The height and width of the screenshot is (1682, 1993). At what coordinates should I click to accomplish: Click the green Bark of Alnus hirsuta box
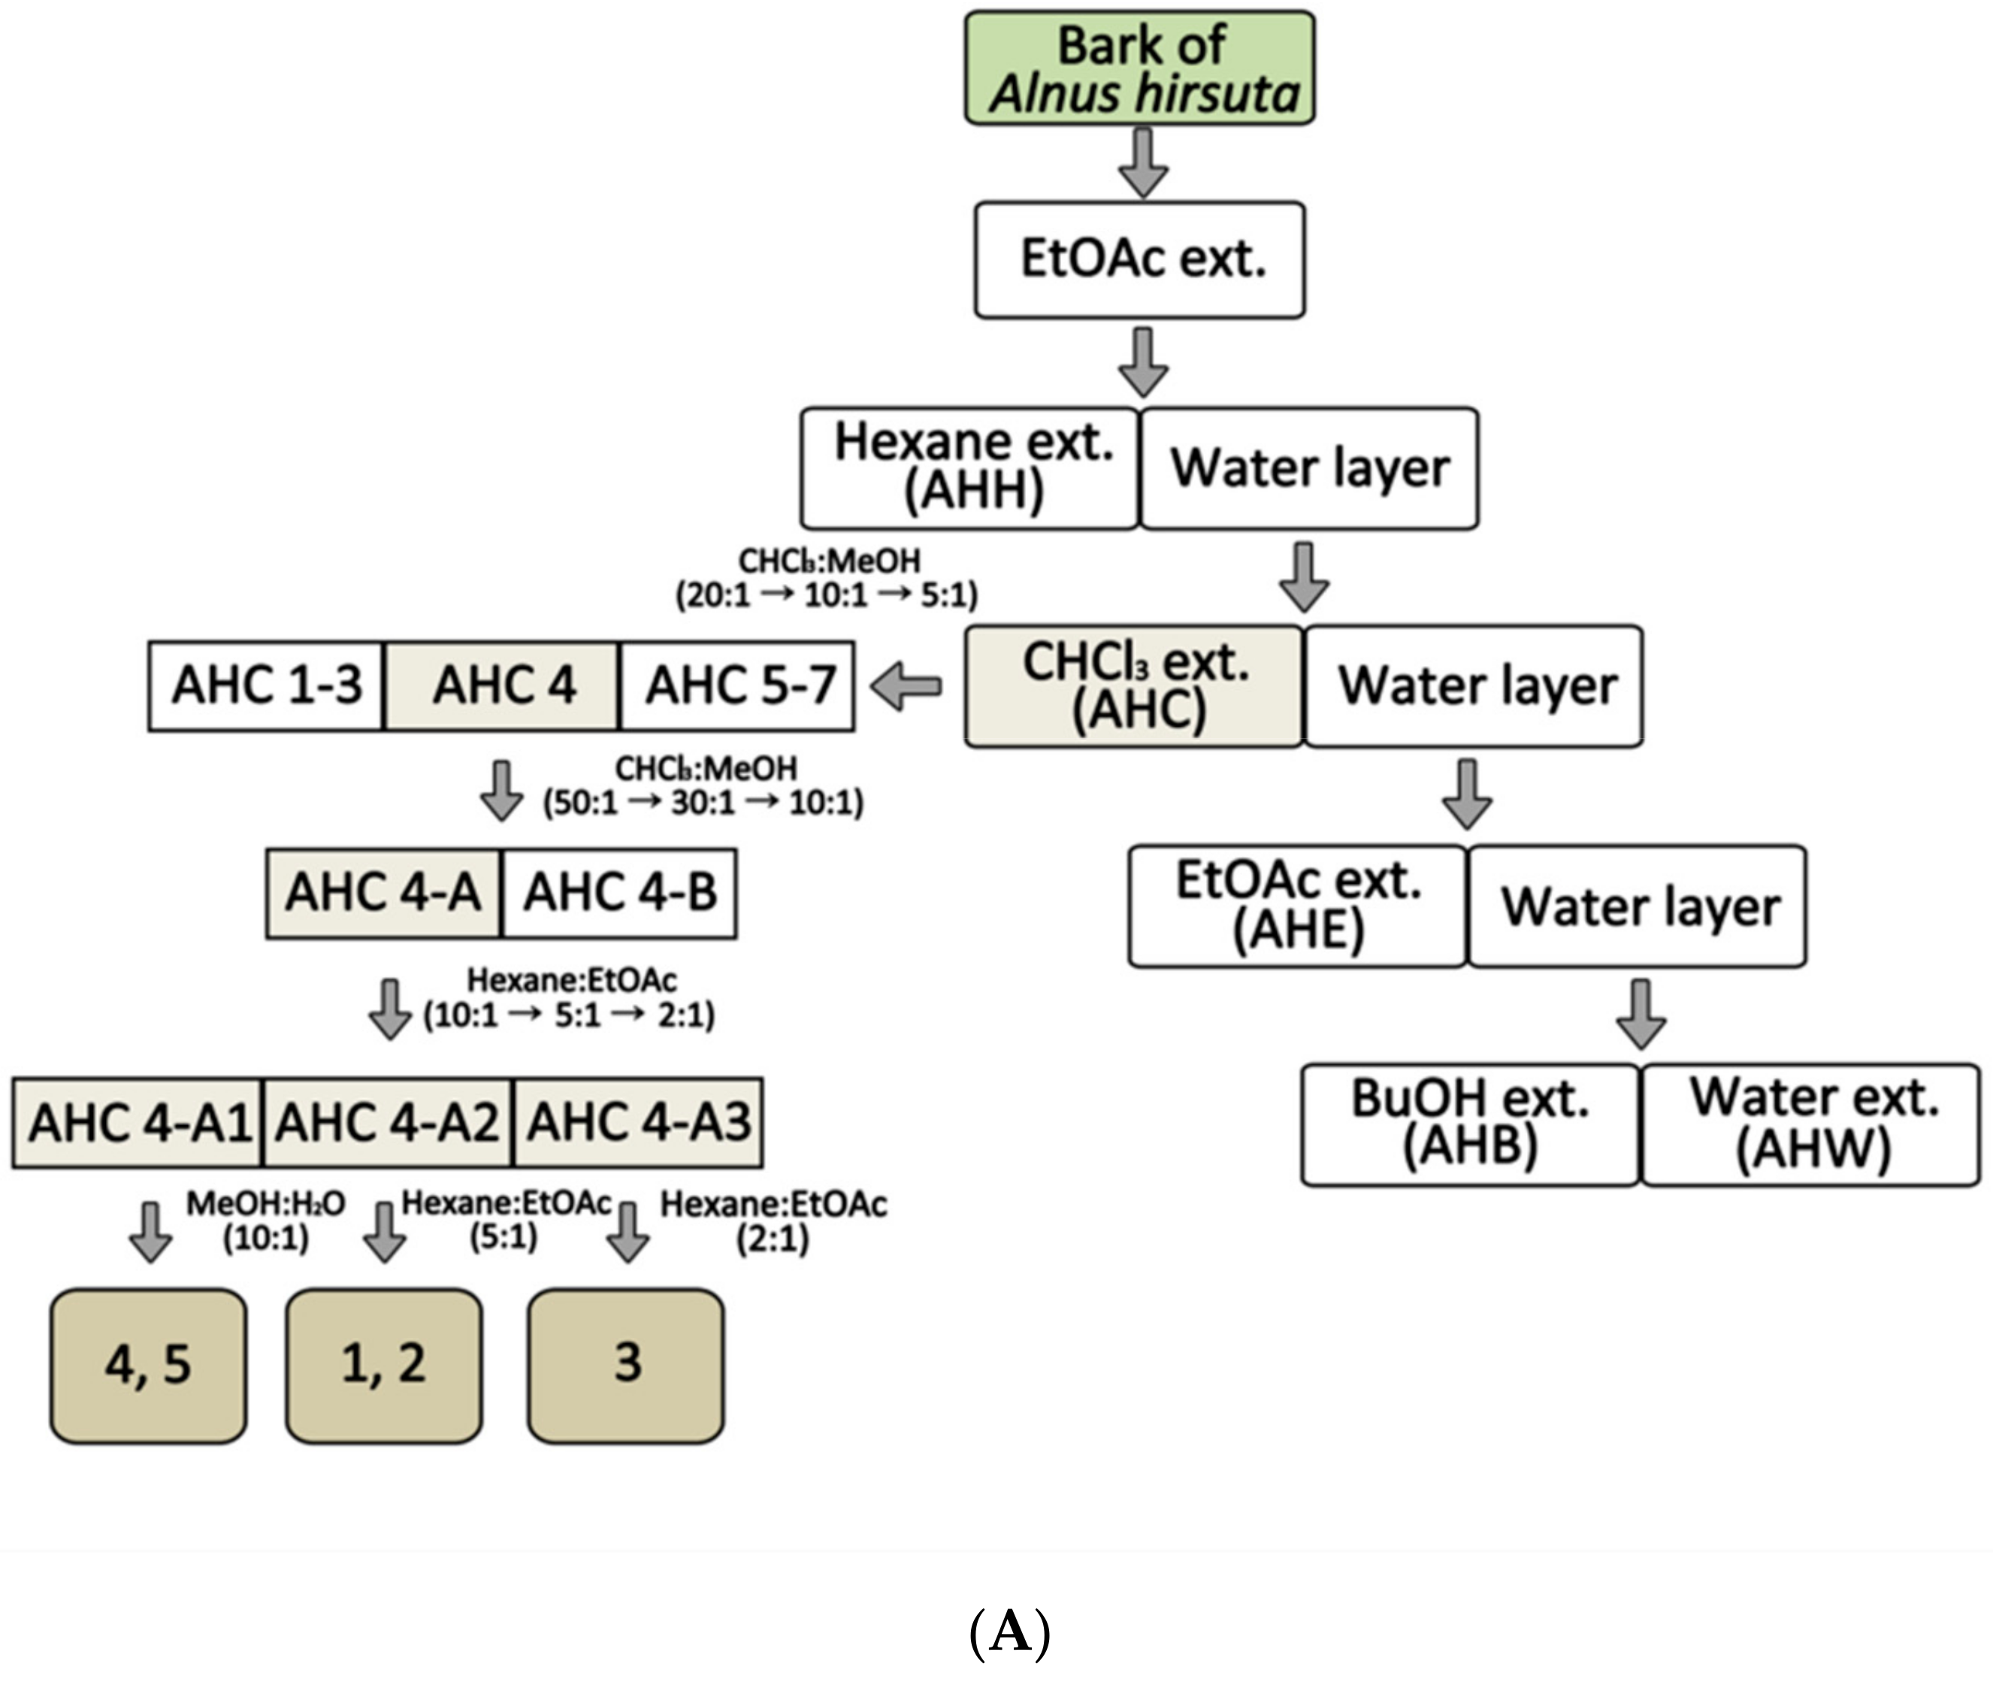(1139, 68)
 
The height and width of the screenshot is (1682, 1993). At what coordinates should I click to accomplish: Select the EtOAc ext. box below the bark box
(1139, 259)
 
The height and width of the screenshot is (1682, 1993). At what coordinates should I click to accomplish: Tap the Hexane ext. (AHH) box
(969, 468)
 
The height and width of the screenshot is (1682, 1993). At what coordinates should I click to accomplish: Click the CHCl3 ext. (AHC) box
(1134, 685)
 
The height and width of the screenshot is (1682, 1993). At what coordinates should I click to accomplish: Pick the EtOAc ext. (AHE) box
(1298, 906)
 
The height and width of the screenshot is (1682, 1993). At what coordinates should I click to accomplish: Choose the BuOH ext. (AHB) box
(1471, 1125)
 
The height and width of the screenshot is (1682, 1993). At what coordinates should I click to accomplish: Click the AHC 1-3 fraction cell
(266, 685)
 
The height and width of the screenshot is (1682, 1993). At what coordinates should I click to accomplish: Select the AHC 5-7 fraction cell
(737, 685)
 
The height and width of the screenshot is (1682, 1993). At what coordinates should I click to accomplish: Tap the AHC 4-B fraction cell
(619, 894)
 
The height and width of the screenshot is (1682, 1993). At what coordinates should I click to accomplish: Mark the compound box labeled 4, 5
(148, 1366)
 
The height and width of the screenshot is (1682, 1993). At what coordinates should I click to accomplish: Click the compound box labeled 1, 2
(383, 1366)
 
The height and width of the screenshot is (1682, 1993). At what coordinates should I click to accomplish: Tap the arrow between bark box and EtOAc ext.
(1143, 163)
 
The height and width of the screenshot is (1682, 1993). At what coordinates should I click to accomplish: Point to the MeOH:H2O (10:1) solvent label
(265, 1221)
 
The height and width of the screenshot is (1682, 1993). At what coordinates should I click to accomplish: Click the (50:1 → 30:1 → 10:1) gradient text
(703, 803)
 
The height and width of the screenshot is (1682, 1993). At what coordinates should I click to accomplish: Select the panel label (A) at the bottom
(1010, 1633)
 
